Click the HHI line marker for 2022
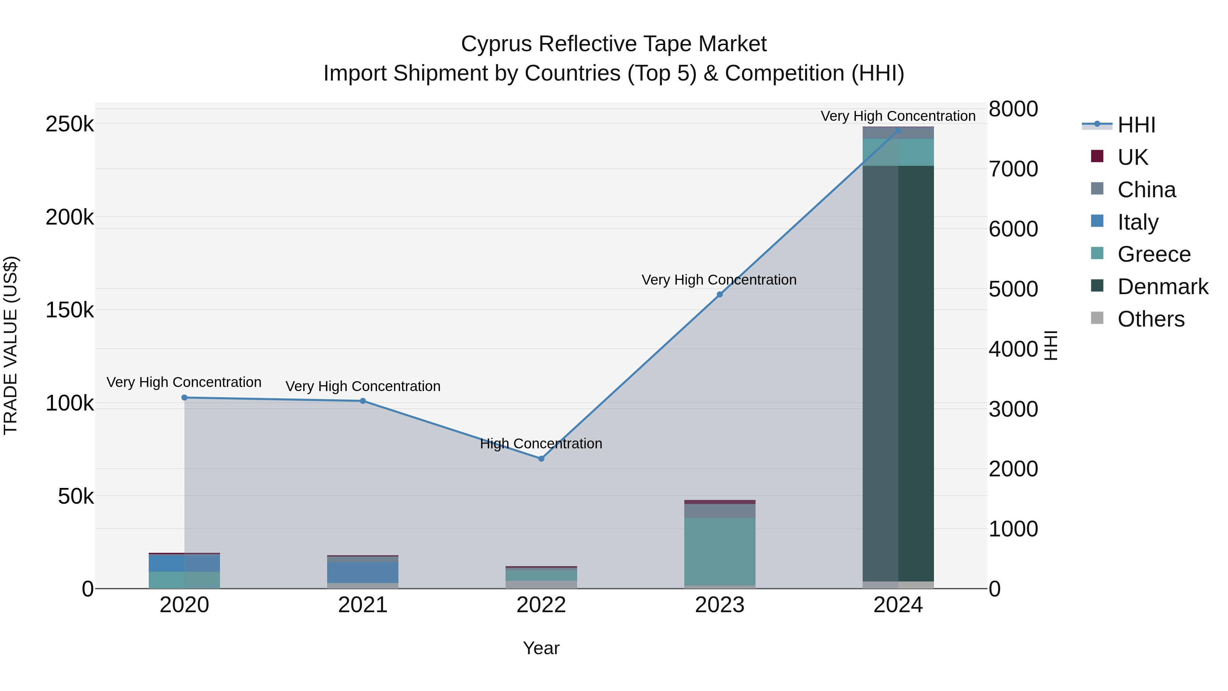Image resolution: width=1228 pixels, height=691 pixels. (541, 459)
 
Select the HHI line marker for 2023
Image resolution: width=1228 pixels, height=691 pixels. (720, 295)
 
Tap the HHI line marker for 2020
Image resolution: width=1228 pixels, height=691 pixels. (185, 398)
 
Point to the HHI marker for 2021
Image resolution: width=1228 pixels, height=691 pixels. (363, 401)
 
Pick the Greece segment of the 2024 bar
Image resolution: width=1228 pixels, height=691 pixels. (898, 152)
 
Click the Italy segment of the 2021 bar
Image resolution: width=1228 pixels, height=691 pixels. (363, 572)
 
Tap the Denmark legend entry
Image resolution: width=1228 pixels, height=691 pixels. (1162, 287)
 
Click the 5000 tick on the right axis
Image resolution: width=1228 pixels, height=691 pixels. (1013, 289)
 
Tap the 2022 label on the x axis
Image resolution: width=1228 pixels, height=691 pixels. (541, 605)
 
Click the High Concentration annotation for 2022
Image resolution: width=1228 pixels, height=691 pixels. (541, 444)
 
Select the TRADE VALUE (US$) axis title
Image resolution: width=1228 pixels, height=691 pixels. (11, 345)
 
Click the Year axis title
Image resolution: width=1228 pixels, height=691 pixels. (541, 648)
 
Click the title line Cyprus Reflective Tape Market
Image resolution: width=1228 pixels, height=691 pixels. (614, 44)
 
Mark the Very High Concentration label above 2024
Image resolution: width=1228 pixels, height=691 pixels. (898, 116)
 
